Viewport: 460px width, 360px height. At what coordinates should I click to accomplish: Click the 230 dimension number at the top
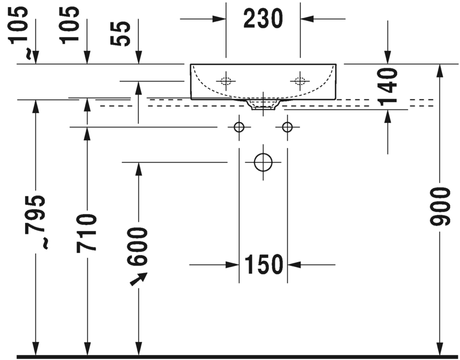[263, 19]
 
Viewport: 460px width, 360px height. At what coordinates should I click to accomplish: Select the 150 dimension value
[264, 265]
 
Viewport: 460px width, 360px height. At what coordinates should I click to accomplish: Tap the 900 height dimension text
[440, 206]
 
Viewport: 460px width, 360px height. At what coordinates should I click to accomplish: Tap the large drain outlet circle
[263, 162]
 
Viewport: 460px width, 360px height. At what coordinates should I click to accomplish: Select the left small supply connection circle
[239, 127]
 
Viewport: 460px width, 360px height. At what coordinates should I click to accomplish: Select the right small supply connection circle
[287, 127]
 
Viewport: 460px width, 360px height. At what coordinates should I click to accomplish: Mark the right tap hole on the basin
[300, 81]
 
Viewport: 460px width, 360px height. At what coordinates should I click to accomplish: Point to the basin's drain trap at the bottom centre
[263, 104]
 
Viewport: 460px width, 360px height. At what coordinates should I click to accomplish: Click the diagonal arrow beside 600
[139, 279]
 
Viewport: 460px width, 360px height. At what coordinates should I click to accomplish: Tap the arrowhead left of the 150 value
[232, 265]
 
